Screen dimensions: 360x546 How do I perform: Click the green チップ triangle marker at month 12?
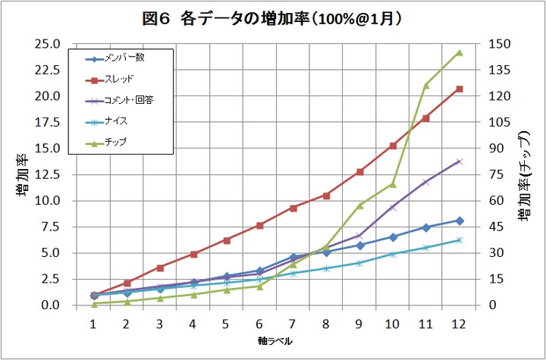(459, 52)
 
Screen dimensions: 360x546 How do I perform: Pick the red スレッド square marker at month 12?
(459, 89)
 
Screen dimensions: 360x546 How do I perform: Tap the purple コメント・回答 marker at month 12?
(459, 161)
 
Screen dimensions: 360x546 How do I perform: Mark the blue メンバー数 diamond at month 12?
(459, 221)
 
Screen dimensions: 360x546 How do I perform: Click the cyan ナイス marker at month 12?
(459, 240)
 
